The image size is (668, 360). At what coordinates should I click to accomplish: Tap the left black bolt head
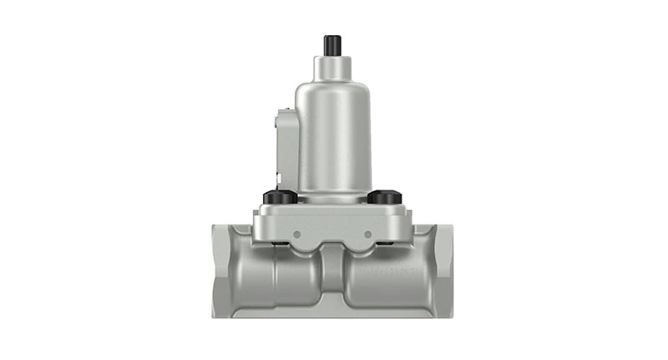[x=280, y=197]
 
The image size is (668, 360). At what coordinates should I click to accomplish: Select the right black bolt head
[x=384, y=197]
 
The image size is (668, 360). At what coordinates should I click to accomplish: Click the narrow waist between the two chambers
[x=333, y=276]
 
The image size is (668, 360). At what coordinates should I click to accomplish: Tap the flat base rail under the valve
[x=333, y=313]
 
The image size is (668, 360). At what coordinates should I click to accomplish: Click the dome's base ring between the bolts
[x=333, y=198]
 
